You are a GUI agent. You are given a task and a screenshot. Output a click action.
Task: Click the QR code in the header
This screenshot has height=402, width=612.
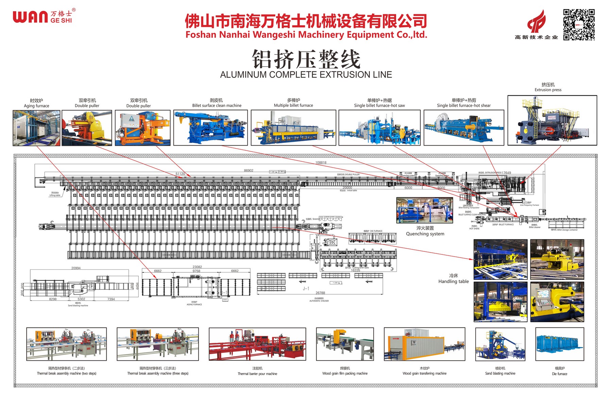point(579,24)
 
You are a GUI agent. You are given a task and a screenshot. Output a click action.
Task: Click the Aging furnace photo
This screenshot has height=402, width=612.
point(36,128)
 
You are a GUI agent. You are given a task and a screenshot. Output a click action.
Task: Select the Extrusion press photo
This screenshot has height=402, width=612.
point(552,120)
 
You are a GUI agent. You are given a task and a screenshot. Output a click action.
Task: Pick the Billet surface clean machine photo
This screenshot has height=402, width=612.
point(210,128)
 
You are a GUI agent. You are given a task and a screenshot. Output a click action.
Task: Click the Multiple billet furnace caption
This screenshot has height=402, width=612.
point(293,105)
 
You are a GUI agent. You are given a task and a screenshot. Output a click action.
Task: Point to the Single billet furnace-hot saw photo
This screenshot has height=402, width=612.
point(379,128)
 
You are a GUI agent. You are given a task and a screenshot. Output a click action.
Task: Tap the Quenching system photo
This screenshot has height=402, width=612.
point(425,210)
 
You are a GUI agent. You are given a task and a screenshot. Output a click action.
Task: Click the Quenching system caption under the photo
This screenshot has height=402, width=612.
point(425,234)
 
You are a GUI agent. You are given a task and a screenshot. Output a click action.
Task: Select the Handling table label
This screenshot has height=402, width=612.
point(454,281)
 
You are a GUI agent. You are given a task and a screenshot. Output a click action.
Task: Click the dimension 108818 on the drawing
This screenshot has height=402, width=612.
point(321,163)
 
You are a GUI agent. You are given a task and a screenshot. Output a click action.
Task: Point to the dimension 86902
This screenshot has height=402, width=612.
point(249,170)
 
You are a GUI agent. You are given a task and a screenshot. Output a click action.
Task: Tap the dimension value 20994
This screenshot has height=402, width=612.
point(76,268)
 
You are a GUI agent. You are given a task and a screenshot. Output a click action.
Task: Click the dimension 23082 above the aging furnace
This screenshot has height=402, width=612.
point(197,267)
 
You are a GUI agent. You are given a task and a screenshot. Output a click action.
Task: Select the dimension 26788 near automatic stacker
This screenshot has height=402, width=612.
point(320,293)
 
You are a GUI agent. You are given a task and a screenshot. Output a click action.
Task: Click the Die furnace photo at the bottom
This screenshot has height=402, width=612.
point(560,344)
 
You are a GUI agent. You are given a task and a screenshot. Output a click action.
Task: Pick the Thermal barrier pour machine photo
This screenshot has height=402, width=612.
point(257,344)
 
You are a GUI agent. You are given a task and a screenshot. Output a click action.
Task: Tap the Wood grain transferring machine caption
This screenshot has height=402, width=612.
point(424,373)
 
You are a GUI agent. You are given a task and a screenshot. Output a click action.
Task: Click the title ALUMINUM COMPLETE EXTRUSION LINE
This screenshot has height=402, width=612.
point(306,75)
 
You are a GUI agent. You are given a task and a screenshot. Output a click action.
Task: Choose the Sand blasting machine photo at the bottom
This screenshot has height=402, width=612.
point(500,344)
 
